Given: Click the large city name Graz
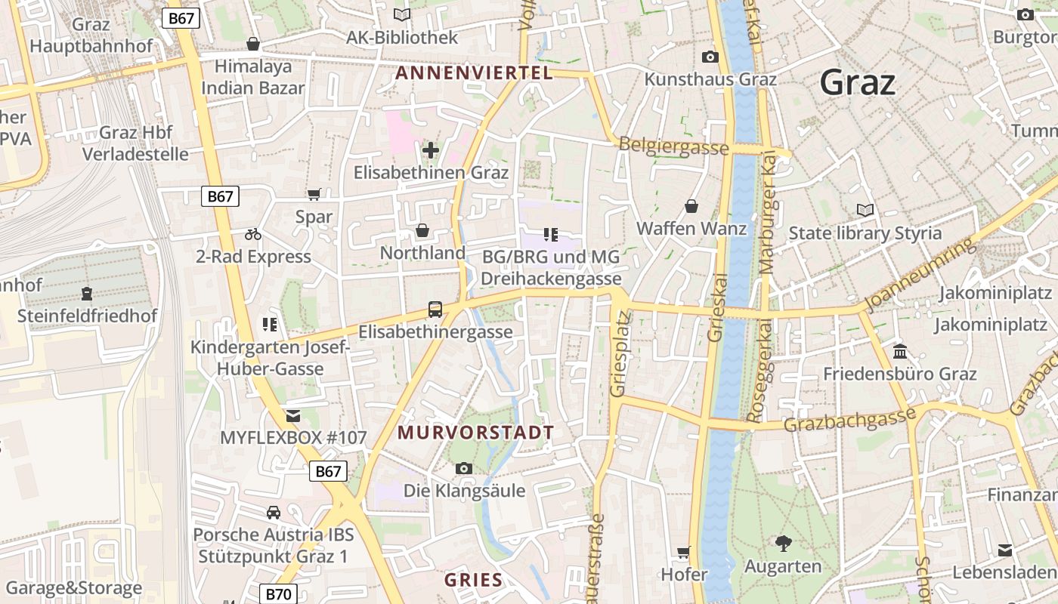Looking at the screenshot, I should coord(857,82).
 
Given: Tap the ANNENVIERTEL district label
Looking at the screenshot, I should coord(474,73).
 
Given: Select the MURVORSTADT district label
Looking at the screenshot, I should coord(475,433).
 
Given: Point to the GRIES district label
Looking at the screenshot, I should coord(473,580).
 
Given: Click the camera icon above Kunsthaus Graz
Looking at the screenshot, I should coord(710,57).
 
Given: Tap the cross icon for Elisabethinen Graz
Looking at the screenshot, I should coord(431,150).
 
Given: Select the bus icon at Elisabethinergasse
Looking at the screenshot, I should coord(435,309).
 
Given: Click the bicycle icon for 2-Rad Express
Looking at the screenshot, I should coord(253,235).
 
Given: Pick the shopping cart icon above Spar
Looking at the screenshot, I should coord(314,194).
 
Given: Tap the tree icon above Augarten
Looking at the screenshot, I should coord(783,543).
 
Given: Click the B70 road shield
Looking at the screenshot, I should coord(278,594).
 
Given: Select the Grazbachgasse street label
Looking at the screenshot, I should coord(849,419).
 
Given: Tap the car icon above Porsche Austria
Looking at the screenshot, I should coord(274,513).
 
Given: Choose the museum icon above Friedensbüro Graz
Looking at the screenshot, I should coord(900,351).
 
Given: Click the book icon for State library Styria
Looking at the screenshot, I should coord(865,210).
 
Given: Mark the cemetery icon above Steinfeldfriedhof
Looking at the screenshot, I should coord(87,293).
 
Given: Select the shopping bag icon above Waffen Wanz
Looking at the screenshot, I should coord(691,206).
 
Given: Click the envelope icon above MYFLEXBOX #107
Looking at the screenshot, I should coord(293,415).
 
